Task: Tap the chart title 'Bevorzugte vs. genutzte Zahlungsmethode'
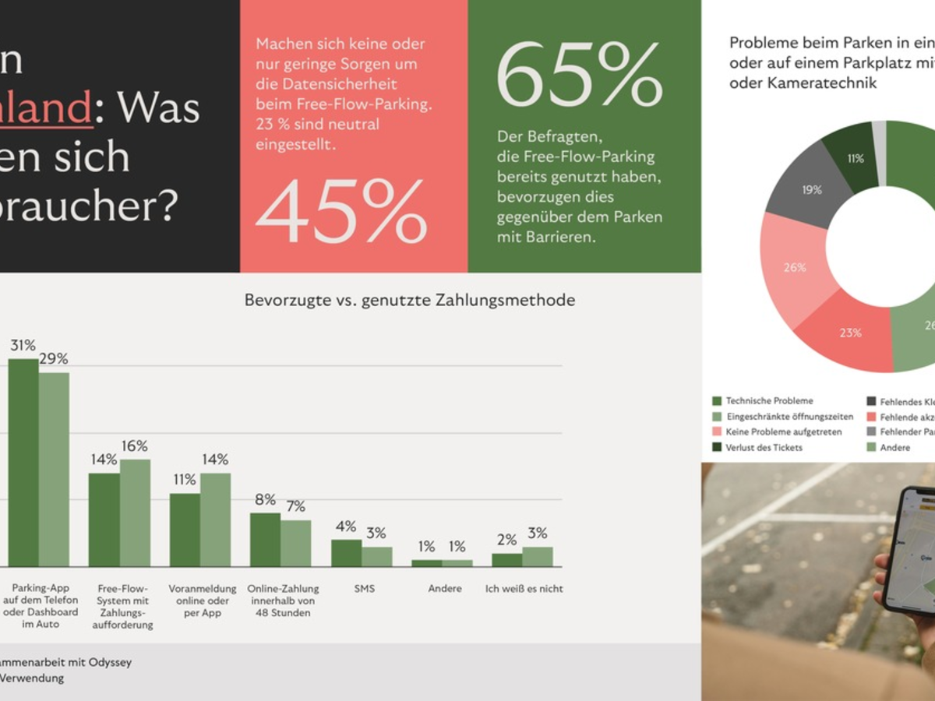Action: point(410,300)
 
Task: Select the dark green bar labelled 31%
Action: point(23,463)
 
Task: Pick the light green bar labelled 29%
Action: point(54,470)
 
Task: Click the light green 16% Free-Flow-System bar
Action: point(135,513)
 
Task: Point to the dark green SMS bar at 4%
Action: point(346,553)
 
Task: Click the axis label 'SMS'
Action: point(364,589)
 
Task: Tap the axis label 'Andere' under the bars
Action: point(445,589)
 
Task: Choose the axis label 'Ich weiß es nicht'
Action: point(524,589)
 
